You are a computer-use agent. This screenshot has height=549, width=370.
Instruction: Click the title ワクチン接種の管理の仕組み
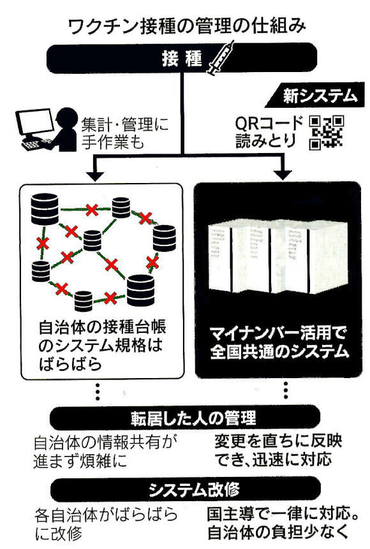[186, 27]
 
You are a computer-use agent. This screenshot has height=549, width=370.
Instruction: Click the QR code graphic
[327, 133]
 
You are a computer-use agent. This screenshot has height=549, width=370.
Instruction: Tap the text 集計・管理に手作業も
[125, 133]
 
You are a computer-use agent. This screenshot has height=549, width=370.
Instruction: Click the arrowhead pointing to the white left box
[95, 176]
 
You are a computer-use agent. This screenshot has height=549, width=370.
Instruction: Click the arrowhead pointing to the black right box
[283, 175]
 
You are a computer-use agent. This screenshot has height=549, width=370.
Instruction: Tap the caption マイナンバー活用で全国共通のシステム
[279, 342]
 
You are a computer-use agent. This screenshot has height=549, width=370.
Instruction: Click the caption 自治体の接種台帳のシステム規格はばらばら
[102, 346]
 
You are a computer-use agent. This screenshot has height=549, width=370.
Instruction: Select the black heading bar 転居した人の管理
[185, 418]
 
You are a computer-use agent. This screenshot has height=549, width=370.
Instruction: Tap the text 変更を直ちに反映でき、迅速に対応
[278, 450]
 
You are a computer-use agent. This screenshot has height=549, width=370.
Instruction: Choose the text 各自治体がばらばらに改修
[106, 525]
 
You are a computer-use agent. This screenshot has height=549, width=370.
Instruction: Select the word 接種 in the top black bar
[182, 58]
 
